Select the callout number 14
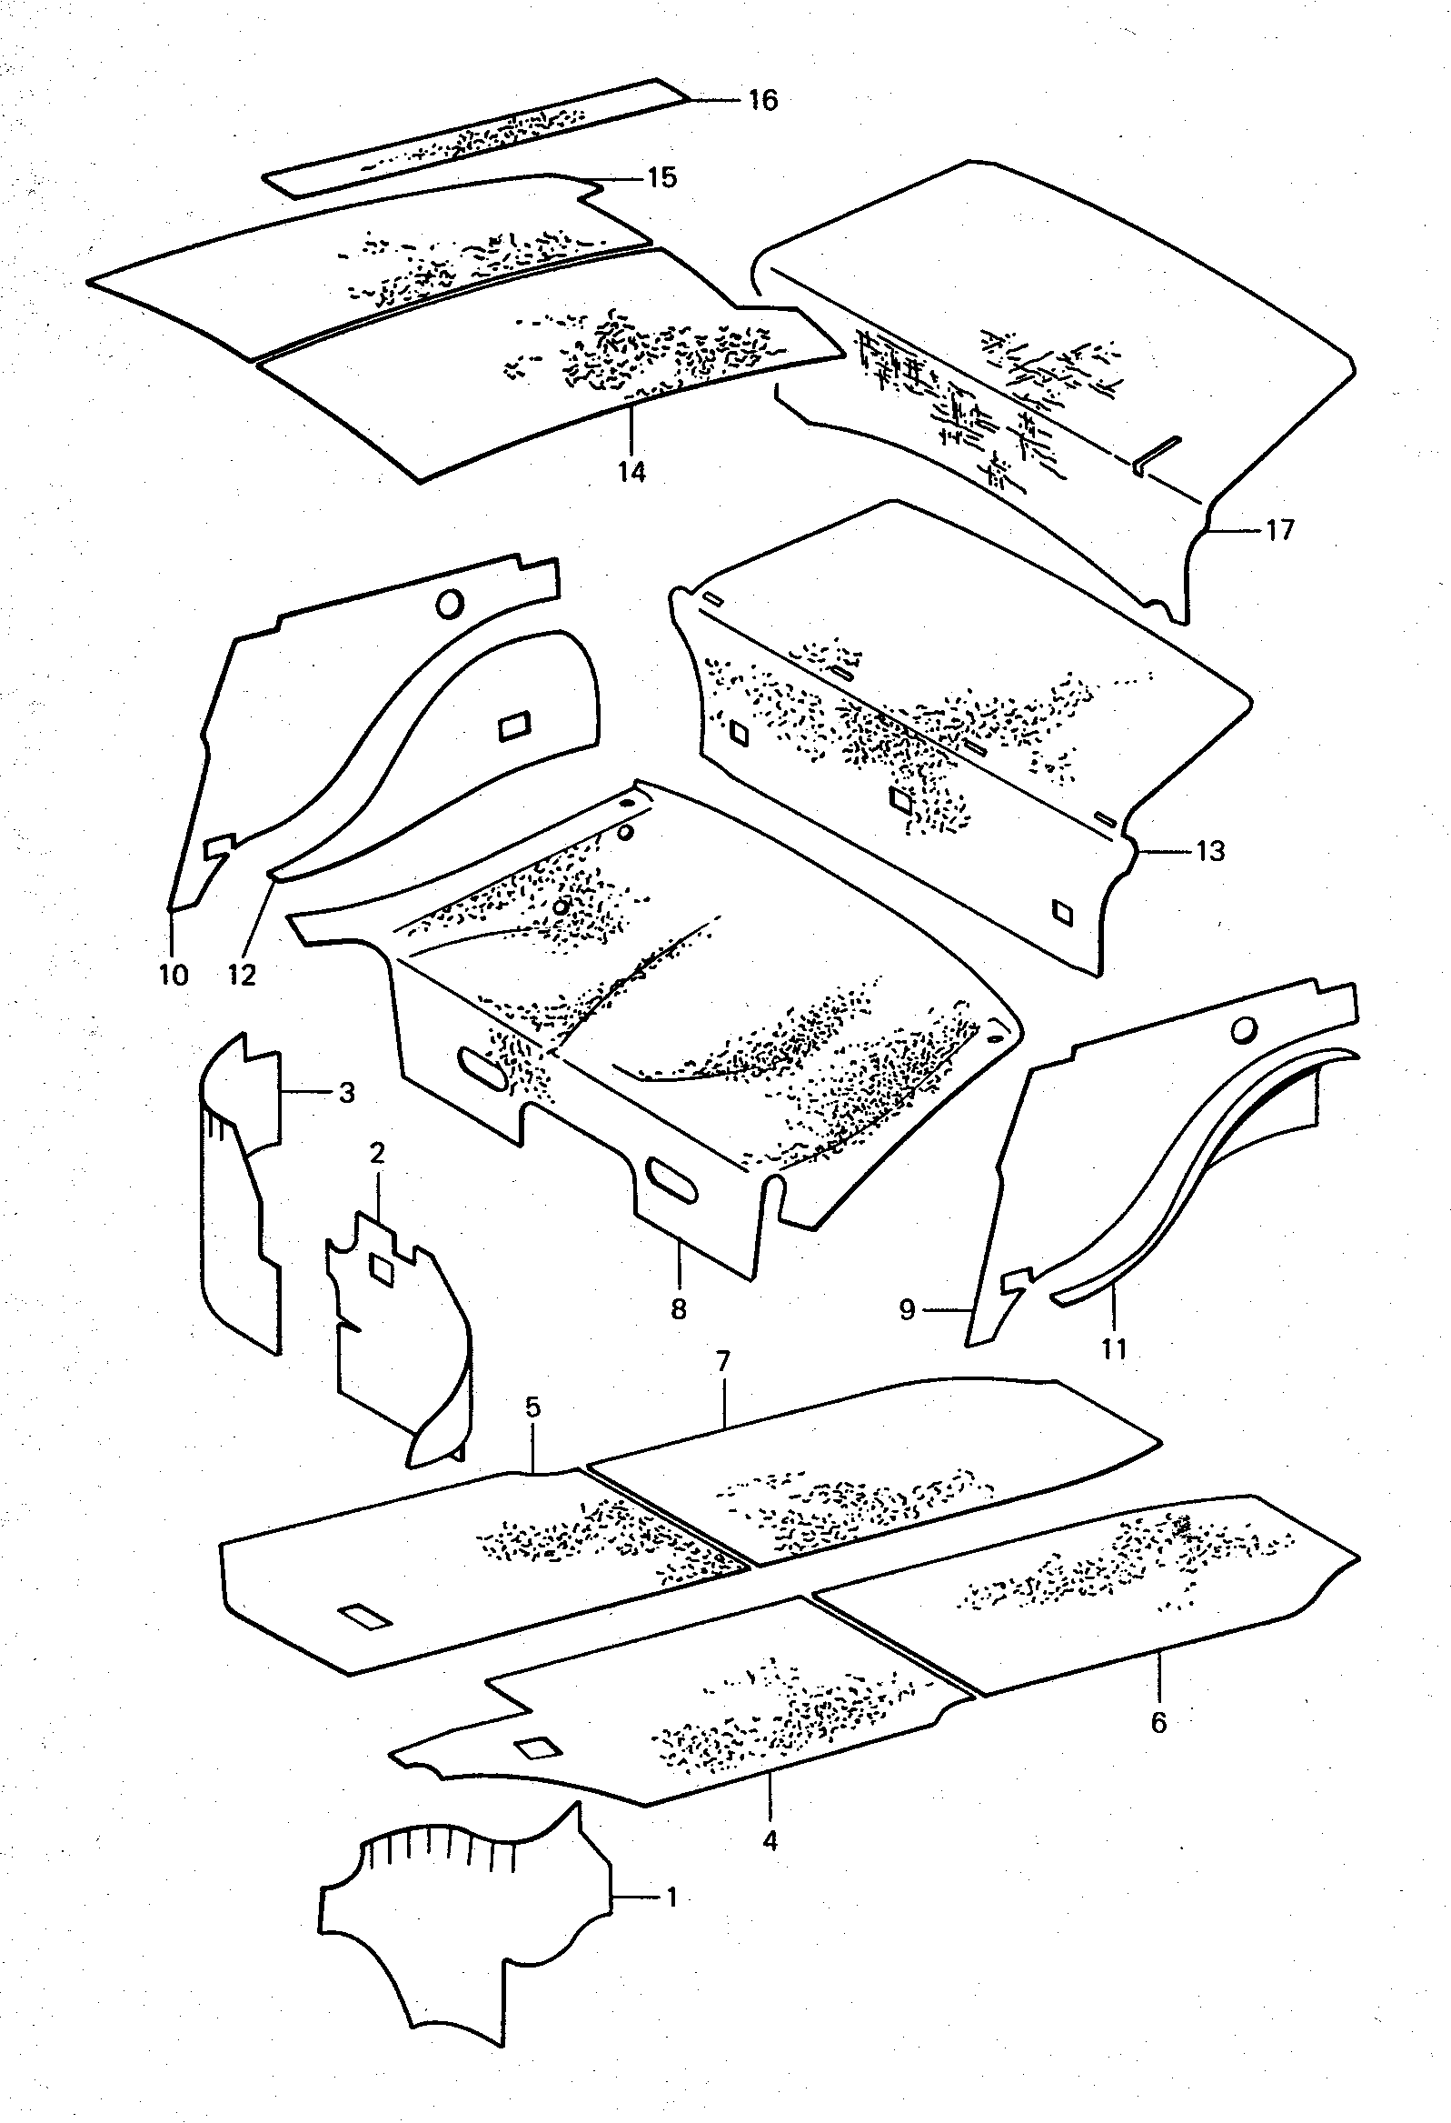(631, 472)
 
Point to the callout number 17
(1279, 530)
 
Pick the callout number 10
(173, 975)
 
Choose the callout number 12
(242, 975)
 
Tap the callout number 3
(346, 1093)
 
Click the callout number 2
(377, 1153)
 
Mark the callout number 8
(678, 1309)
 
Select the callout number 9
(907, 1311)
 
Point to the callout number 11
(1114, 1348)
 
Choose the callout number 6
(1158, 1723)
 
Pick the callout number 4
(770, 1841)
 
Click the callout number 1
(671, 1898)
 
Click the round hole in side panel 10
(450, 604)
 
